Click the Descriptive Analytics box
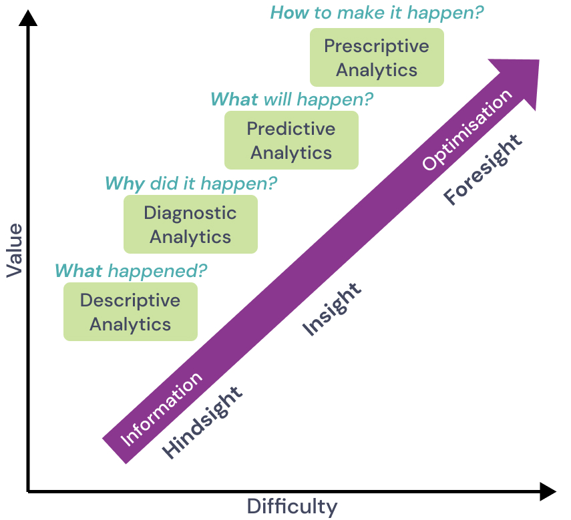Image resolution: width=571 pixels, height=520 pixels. point(130,312)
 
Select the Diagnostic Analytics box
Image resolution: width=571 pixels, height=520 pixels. point(190,224)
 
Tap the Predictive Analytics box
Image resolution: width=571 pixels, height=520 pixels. point(291,140)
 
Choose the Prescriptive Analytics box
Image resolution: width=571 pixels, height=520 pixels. point(377,57)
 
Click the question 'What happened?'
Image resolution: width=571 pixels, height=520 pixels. point(131,272)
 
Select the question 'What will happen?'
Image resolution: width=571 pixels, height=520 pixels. point(292,99)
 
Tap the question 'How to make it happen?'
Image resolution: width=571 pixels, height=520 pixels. point(377,13)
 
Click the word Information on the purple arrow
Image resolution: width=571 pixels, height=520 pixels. point(162,409)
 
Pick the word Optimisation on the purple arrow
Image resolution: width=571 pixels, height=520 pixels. point(467,130)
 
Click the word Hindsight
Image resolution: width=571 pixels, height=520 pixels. point(202,422)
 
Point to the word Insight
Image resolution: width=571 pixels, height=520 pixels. point(332,309)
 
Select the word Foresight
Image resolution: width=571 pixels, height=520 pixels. point(483,170)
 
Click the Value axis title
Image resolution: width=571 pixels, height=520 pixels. point(15,250)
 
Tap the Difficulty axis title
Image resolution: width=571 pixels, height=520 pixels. point(292,507)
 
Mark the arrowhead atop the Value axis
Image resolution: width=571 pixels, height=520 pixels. point(28,17)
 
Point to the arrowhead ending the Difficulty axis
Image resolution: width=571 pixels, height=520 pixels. point(548,492)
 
